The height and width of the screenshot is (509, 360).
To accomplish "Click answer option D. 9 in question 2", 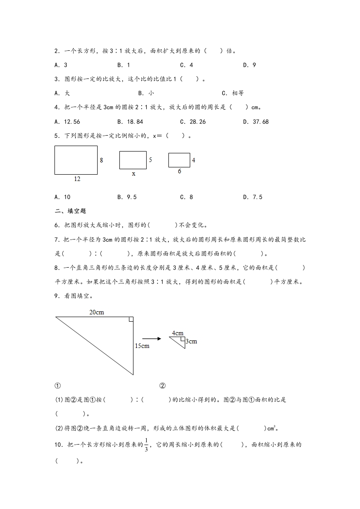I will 249,65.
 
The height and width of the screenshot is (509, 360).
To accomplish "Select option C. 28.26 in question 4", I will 192,122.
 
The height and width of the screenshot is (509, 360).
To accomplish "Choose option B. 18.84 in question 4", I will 130,122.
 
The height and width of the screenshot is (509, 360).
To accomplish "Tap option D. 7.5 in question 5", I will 253,197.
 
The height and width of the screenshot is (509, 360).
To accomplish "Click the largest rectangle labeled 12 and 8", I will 76,160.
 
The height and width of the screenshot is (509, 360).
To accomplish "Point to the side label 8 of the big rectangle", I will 101,160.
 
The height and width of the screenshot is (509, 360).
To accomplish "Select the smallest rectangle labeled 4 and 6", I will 179,160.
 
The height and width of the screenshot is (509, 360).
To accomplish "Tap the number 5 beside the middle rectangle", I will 150,160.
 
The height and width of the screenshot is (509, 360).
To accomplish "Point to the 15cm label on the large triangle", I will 142,346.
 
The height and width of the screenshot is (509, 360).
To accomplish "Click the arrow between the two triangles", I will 152,338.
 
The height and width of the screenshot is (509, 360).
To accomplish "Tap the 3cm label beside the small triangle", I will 192,342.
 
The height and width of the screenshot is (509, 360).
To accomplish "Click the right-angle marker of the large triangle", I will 131,319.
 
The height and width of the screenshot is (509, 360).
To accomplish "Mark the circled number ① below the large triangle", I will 57,386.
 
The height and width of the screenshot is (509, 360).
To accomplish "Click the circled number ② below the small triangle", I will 163,386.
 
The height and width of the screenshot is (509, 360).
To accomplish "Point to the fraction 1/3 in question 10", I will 146,446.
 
